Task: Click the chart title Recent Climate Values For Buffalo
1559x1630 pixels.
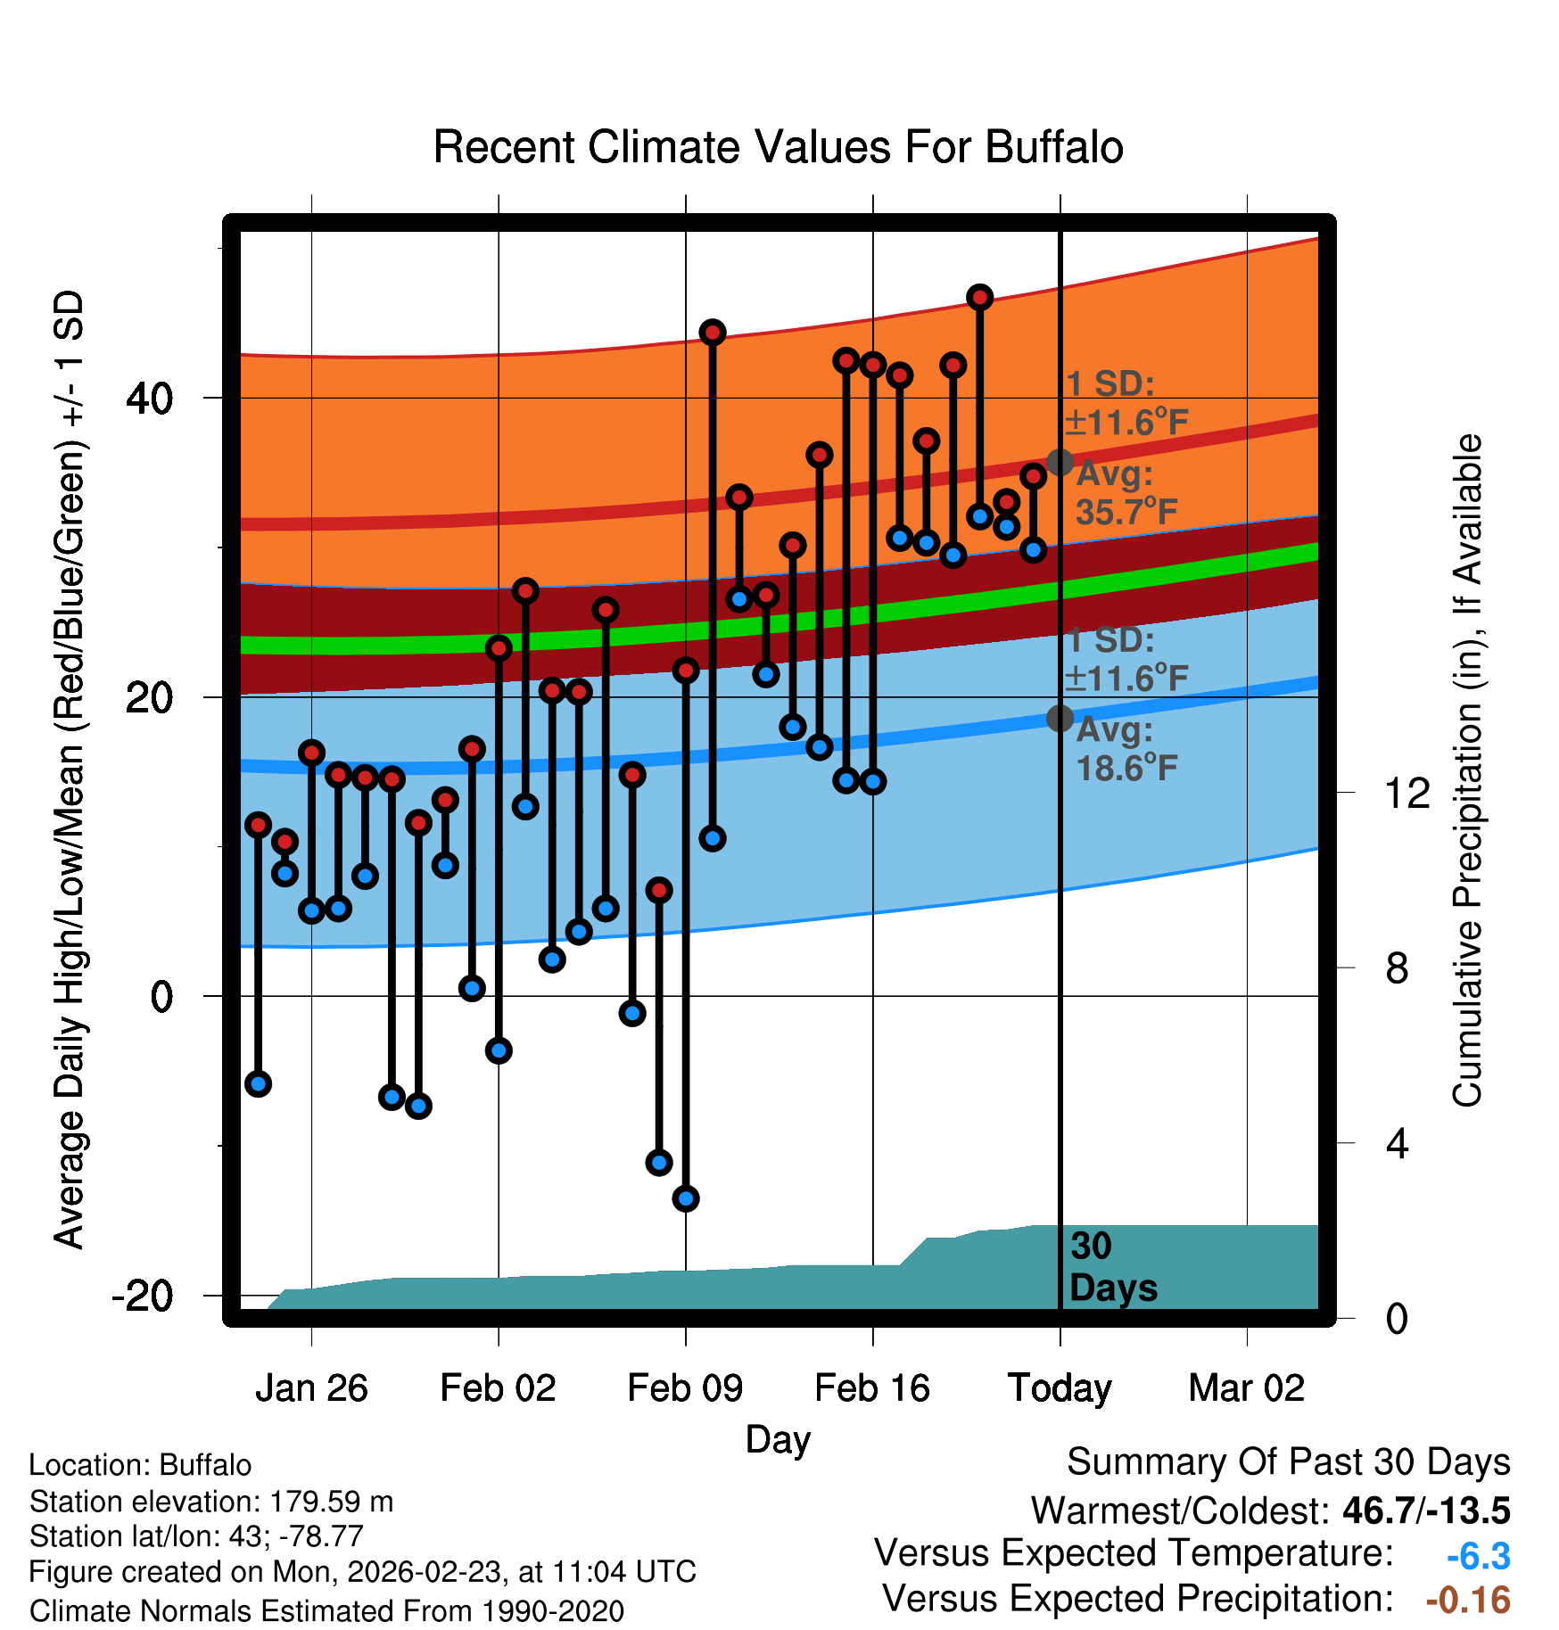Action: (x=778, y=148)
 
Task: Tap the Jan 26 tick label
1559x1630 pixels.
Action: (x=311, y=1388)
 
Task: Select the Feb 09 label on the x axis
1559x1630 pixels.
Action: (x=685, y=1388)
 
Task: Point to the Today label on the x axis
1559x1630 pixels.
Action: (x=1060, y=1388)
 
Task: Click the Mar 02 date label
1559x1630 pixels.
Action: (x=1246, y=1388)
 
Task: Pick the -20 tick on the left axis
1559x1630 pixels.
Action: (x=142, y=1296)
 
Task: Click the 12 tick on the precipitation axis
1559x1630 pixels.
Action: (x=1407, y=794)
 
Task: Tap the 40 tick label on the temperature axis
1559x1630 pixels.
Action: (x=149, y=399)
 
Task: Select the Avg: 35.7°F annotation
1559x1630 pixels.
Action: (x=1126, y=493)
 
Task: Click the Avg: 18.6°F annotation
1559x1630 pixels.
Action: (x=1126, y=749)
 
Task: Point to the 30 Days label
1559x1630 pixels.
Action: (x=1112, y=1267)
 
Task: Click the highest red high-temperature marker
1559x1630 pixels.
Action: (x=980, y=297)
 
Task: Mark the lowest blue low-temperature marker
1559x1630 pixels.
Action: (x=686, y=1198)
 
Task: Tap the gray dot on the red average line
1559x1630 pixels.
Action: (x=1060, y=462)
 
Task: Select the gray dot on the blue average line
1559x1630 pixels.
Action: (x=1060, y=718)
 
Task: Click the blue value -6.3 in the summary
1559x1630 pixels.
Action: (x=1478, y=1557)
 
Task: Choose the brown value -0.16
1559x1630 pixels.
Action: (x=1468, y=1601)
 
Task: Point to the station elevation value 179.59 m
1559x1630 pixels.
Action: (x=331, y=1502)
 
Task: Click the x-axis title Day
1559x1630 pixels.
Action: (x=778, y=1439)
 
